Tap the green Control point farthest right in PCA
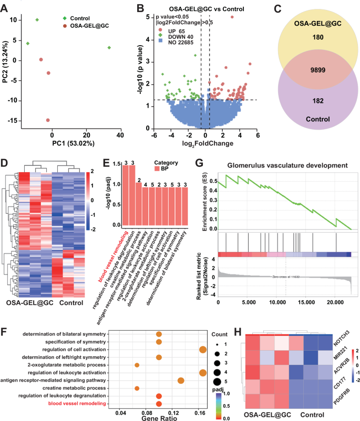(x=109, y=48)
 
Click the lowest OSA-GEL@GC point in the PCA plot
(x=48, y=120)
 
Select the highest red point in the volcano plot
(x=232, y=17)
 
